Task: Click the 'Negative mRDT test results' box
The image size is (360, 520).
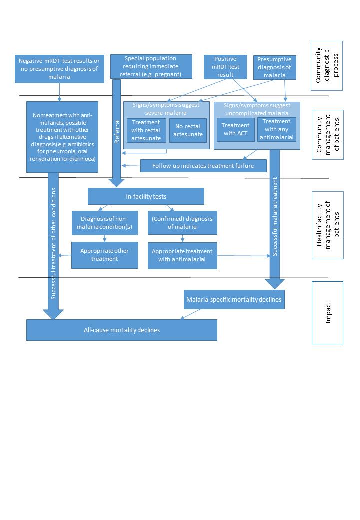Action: click(x=59, y=68)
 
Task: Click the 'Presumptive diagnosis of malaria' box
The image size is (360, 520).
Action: click(x=275, y=67)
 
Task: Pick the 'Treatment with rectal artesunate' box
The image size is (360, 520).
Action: click(x=146, y=130)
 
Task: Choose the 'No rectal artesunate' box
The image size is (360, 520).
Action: click(x=188, y=130)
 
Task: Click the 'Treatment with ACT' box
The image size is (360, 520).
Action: click(x=236, y=129)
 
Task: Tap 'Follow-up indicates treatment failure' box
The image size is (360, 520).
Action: click(x=203, y=166)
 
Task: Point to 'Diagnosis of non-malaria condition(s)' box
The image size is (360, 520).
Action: click(x=105, y=222)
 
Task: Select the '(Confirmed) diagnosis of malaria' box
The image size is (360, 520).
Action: click(x=182, y=222)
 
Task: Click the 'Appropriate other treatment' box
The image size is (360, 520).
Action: click(x=105, y=255)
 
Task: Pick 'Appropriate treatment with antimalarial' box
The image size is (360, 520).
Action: click(x=182, y=255)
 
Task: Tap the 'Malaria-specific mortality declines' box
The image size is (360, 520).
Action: click(x=234, y=300)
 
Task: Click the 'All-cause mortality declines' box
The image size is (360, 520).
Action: click(x=122, y=330)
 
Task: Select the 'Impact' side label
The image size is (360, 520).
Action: click(x=328, y=312)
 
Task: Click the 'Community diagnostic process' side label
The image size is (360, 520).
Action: click(x=327, y=65)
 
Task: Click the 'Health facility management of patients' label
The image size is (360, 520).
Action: click(x=328, y=225)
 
